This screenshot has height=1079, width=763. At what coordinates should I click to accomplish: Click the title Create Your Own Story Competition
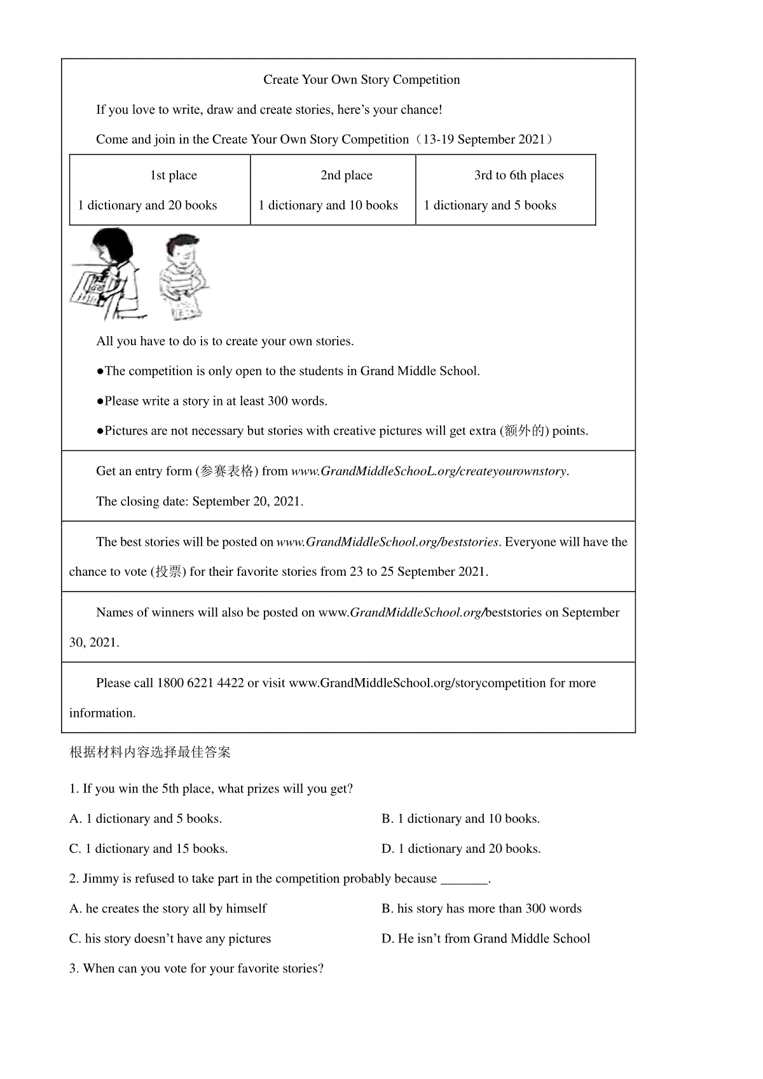361,79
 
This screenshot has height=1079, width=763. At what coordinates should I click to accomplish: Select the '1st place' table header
173,175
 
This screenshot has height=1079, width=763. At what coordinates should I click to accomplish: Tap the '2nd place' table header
346,175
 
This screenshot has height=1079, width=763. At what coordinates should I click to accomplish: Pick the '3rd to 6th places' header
518,175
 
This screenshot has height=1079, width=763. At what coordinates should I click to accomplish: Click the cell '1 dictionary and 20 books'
148,205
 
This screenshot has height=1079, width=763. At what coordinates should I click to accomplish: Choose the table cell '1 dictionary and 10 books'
328,205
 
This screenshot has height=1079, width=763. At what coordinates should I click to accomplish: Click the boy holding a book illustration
183,276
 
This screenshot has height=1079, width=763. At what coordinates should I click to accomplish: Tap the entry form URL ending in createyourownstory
429,471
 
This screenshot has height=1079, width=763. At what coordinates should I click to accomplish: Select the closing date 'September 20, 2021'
247,501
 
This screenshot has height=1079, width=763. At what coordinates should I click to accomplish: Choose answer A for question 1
146,818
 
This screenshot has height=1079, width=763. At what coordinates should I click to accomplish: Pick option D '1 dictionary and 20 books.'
461,848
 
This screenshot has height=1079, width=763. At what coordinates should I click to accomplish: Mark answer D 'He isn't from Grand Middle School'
486,939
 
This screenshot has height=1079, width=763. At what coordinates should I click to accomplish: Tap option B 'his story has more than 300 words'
481,909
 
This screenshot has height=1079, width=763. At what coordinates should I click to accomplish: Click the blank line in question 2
464,879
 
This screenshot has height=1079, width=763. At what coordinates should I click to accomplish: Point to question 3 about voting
196,968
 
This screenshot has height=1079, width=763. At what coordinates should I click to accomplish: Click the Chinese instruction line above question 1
150,752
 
